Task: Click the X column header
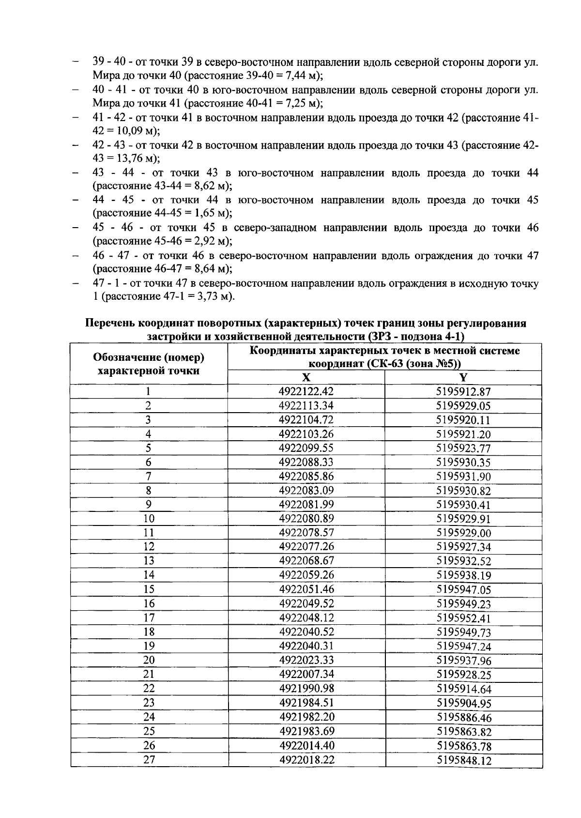(x=306, y=378)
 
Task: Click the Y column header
(x=463, y=378)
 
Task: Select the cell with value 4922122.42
(x=306, y=391)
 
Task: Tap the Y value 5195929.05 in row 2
(x=463, y=406)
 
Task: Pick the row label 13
(x=149, y=561)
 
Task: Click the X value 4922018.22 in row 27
(x=306, y=760)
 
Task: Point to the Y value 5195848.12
(x=463, y=760)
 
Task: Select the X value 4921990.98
(x=306, y=689)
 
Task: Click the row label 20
(x=149, y=660)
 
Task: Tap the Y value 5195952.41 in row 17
(x=463, y=618)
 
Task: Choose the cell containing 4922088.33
(x=306, y=462)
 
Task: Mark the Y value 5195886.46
(x=463, y=718)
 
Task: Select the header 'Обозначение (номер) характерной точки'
(x=149, y=364)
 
